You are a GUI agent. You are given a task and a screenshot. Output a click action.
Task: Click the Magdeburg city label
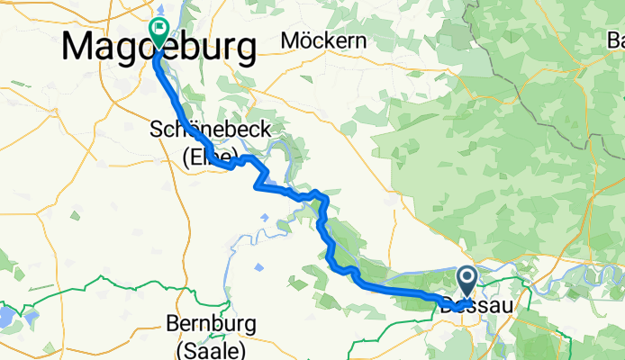[x=159, y=47]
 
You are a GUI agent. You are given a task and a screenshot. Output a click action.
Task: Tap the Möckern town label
[x=323, y=40]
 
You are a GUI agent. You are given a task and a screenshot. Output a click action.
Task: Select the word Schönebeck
[x=210, y=131]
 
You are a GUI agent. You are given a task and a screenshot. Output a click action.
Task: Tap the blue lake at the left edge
[x=5, y=317]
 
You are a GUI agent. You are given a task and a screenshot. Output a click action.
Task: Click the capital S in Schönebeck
[x=155, y=131]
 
